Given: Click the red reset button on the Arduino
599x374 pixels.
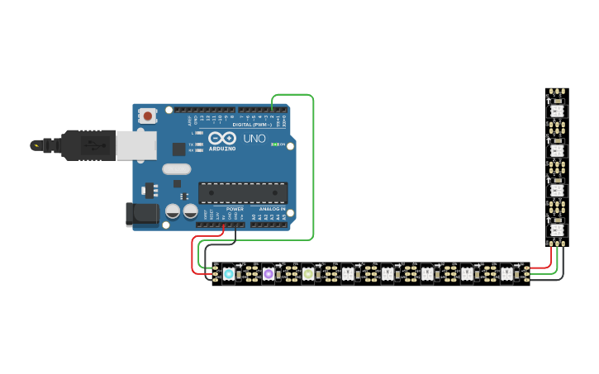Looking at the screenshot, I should pyautogui.click(x=147, y=116).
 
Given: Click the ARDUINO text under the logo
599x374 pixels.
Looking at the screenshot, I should pyautogui.click(x=222, y=149).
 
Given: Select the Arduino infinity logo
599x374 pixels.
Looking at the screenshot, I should pyautogui.click(x=222, y=138).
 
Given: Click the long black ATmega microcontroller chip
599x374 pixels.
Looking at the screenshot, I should pyautogui.click(x=243, y=192).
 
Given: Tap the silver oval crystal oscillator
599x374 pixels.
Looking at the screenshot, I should pyautogui.click(x=177, y=169).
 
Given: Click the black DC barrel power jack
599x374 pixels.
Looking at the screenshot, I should pyautogui.click(x=141, y=214).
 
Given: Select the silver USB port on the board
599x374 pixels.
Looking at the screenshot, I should pyautogui.click(x=135, y=145).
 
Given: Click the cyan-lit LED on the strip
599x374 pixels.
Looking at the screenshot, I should pyautogui.click(x=229, y=273).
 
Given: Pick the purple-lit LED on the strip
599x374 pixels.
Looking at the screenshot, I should pyautogui.click(x=269, y=273).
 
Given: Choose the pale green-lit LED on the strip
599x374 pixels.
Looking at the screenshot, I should pyautogui.click(x=308, y=273).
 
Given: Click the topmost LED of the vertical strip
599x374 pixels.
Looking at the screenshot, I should pyautogui.click(x=557, y=111).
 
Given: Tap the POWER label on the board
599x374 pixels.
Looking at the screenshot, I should pyautogui.click(x=235, y=209).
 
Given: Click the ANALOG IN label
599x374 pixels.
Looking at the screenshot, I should pyautogui.click(x=272, y=209).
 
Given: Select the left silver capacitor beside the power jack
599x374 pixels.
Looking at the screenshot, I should pyautogui.click(x=173, y=211).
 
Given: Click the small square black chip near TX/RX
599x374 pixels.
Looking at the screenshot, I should pyautogui.click(x=178, y=149).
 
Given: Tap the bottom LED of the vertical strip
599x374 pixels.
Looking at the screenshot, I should pyautogui.click(x=557, y=230).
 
